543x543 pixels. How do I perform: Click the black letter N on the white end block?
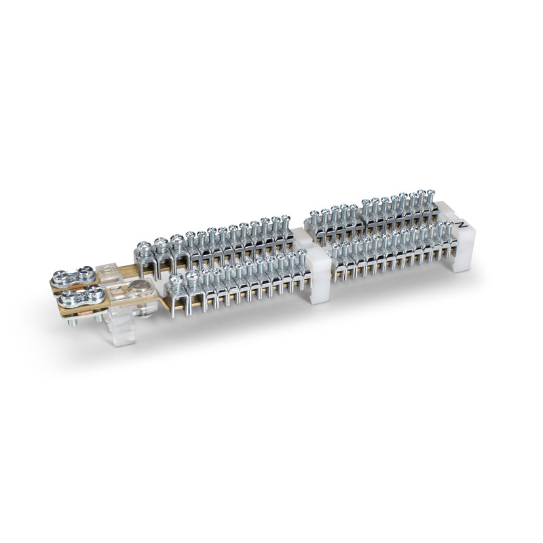[x=462, y=225]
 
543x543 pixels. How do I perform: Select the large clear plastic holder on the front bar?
[x=121, y=305]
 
